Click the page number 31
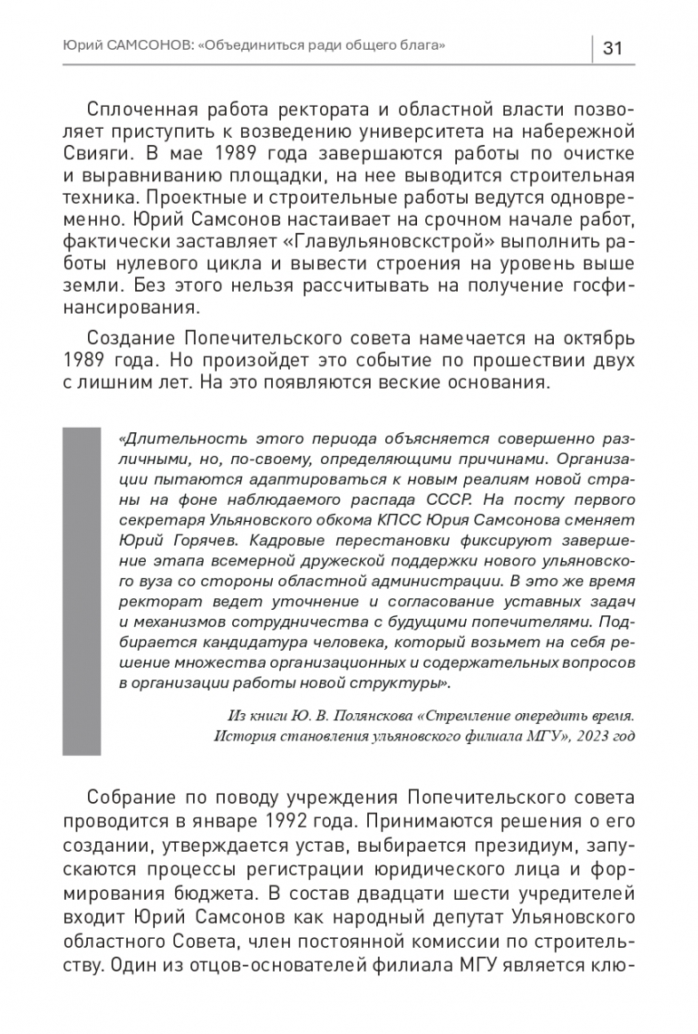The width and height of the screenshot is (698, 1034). pyautogui.click(x=612, y=48)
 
